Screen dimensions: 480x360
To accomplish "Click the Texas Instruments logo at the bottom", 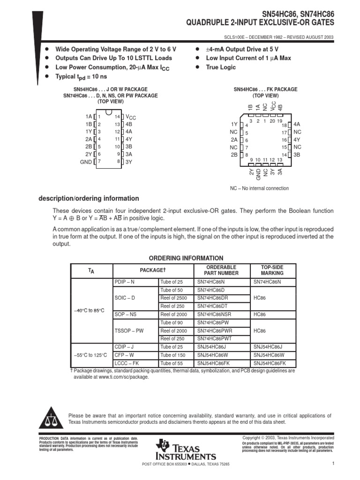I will [186, 450].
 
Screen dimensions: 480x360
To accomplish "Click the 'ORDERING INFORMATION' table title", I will [186, 258].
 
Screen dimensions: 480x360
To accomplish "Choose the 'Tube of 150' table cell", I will [172, 355].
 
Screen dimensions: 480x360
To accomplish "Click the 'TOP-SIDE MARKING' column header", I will [272, 270].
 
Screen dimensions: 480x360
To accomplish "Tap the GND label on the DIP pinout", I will [86, 162].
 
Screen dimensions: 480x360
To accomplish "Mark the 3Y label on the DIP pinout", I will [129, 162].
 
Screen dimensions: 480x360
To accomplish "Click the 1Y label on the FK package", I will [234, 124].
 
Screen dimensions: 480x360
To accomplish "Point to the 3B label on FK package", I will [297, 154].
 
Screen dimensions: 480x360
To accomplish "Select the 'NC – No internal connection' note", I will [259, 188].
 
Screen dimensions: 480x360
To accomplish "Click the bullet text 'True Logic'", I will [221, 67].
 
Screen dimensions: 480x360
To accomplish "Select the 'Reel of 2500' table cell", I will [173, 298].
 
